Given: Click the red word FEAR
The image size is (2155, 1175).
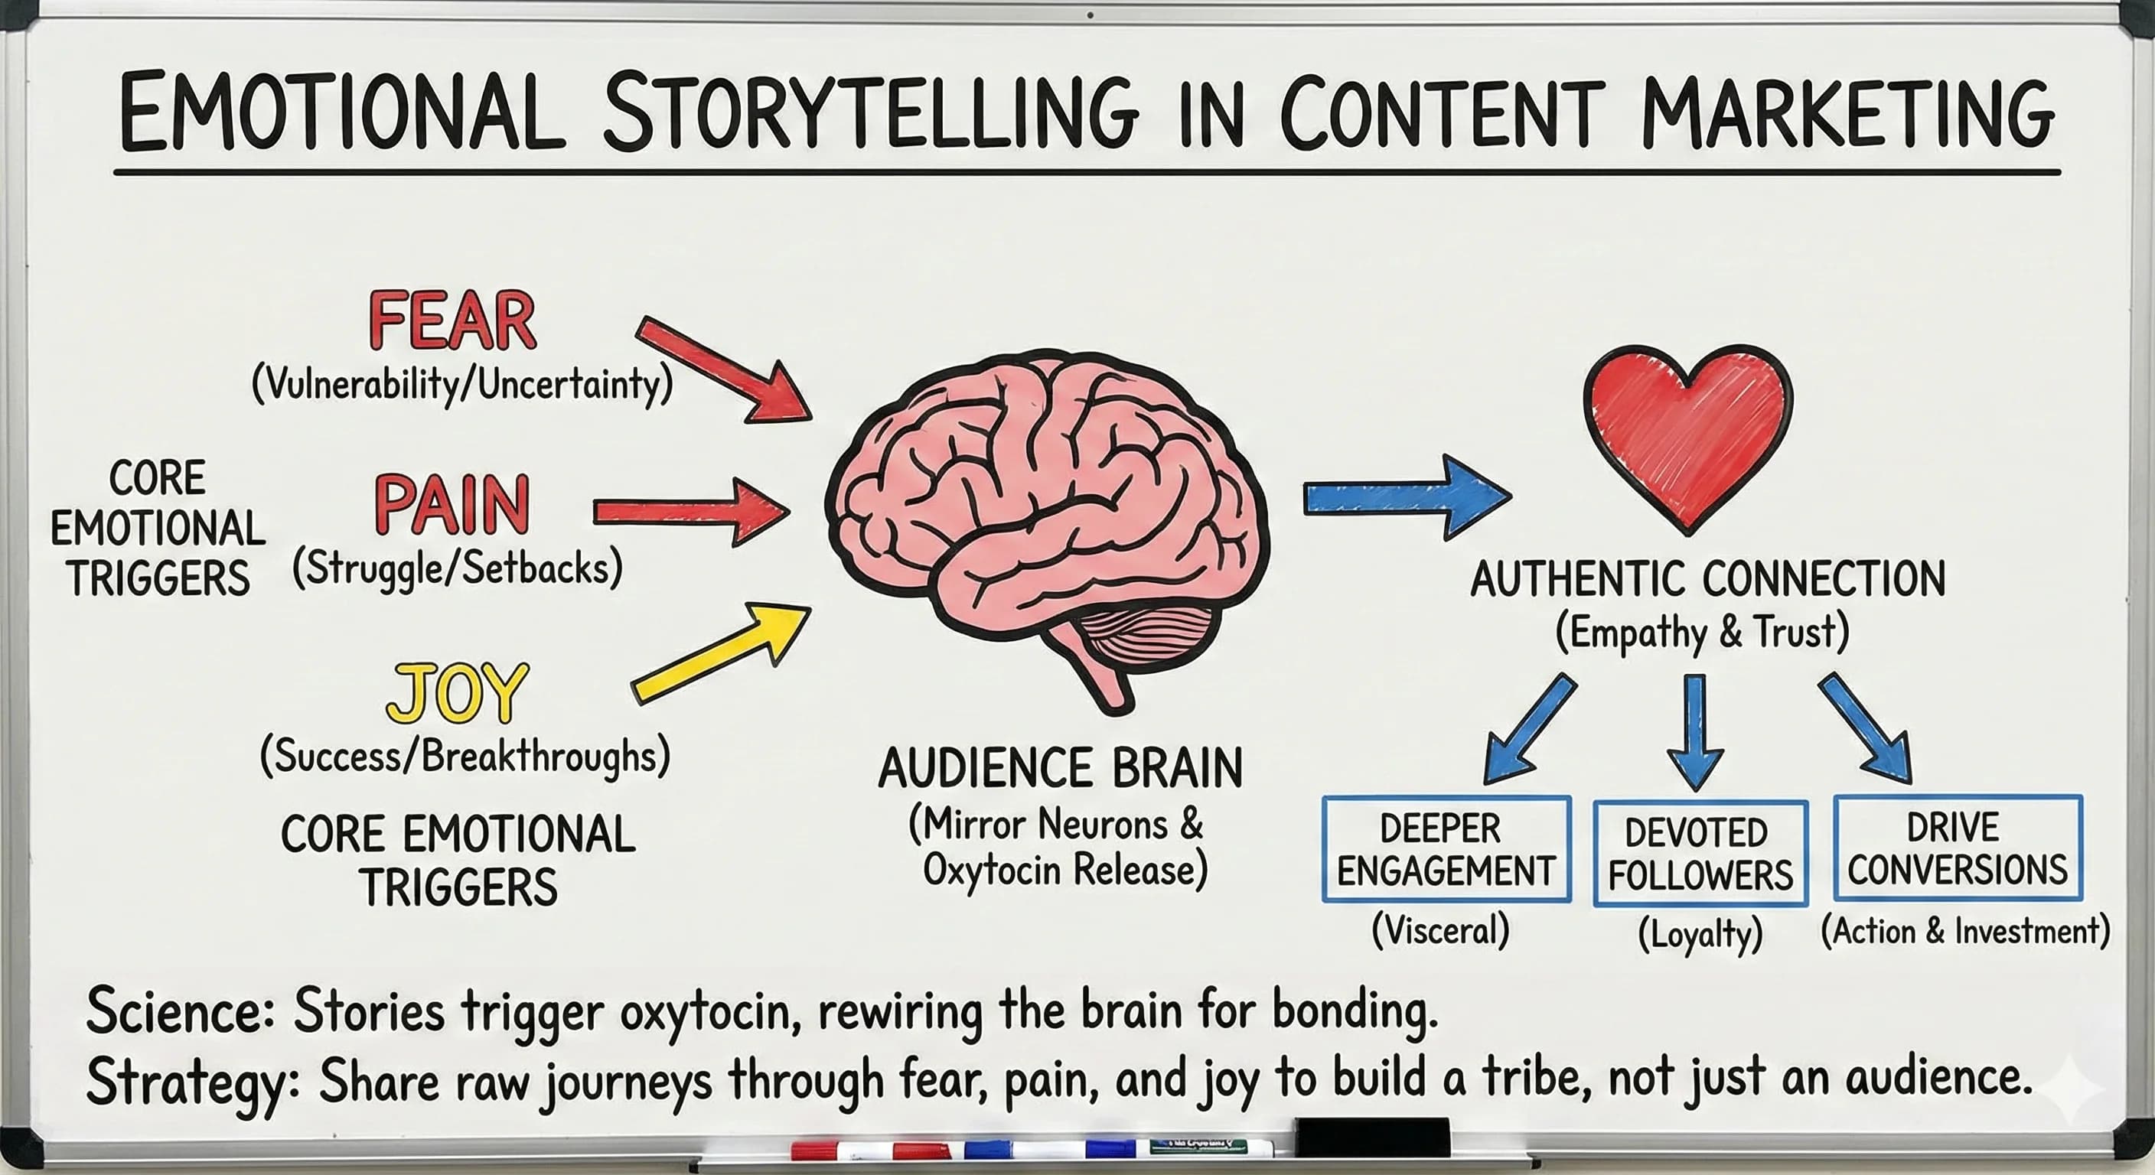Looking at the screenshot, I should [452, 321].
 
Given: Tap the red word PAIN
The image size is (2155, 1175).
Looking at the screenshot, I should [452, 504].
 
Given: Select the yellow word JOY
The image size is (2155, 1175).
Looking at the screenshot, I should [458, 693].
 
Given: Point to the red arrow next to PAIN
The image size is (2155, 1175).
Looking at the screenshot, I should [690, 511].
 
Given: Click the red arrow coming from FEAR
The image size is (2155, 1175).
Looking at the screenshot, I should [724, 369].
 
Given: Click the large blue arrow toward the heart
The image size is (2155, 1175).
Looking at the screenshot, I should [1406, 497].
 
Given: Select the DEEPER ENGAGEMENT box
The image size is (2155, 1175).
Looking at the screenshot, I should [1446, 850].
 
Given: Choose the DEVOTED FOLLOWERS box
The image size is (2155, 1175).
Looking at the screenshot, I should [1700, 854].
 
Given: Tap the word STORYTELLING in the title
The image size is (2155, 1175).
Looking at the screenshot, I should [870, 113].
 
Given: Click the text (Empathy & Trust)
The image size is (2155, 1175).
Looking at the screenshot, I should [1703, 632].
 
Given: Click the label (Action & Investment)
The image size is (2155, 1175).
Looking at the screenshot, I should [1965, 931].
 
